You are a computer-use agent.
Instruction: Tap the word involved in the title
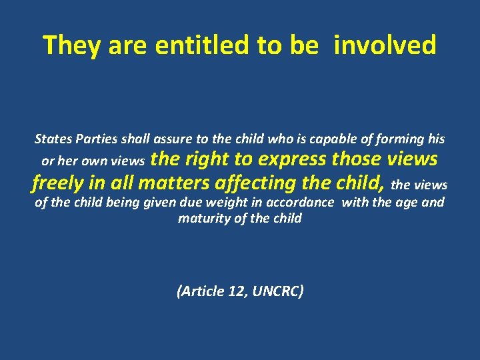(385, 45)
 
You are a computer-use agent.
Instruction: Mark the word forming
(400, 139)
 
